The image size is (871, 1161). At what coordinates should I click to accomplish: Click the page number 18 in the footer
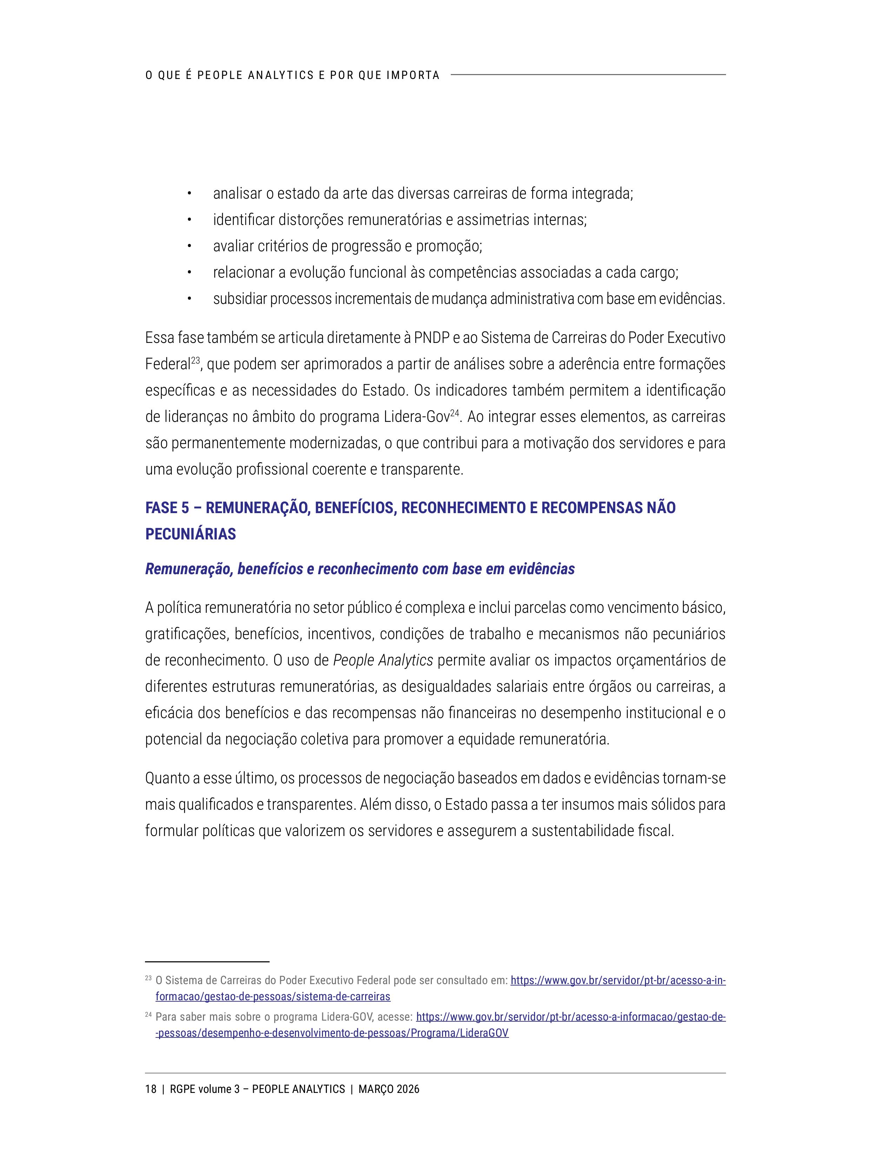151,1089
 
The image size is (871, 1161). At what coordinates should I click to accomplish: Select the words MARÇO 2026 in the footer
389,1089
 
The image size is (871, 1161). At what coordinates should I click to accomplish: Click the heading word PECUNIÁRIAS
191,534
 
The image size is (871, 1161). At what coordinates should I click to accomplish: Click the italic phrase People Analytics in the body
383,660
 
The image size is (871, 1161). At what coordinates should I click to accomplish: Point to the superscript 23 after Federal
195,360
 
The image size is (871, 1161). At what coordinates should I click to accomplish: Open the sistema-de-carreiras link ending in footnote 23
273,996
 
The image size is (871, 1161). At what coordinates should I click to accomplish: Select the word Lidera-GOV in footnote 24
347,1017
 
